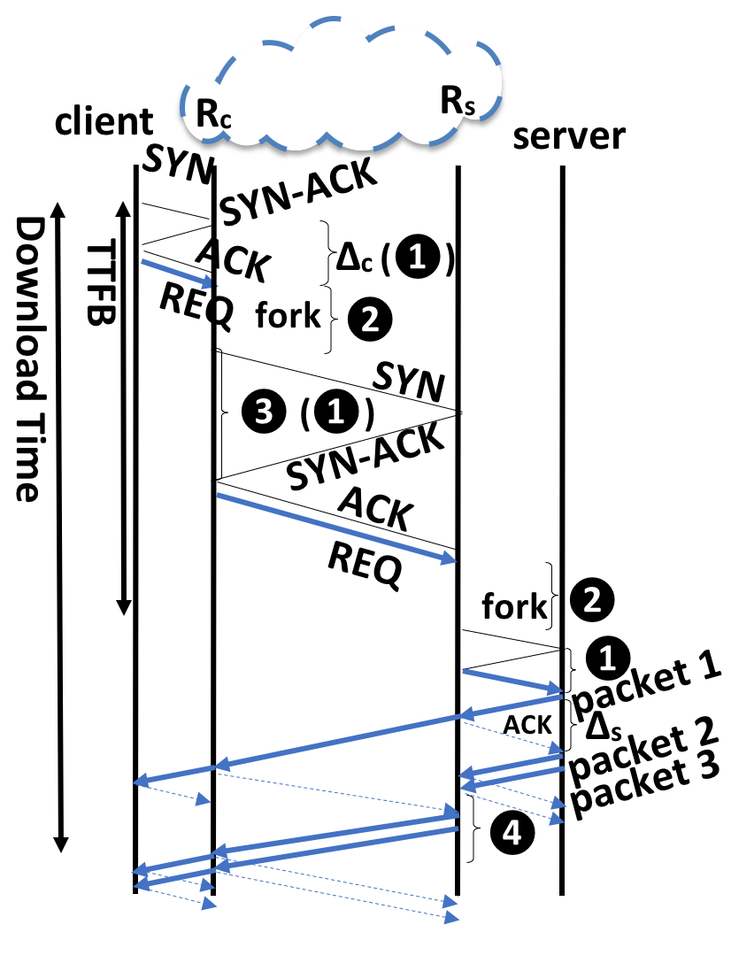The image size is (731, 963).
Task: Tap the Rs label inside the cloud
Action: (x=458, y=103)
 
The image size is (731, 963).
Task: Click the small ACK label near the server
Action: (x=527, y=725)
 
